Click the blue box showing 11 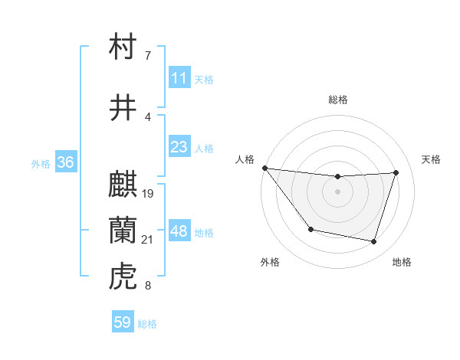pyautogui.click(x=179, y=78)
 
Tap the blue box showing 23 pyautogui.click(x=179, y=147)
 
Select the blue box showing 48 pyautogui.click(x=179, y=231)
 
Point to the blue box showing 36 pyautogui.click(x=65, y=162)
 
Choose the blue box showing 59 pyautogui.click(x=123, y=322)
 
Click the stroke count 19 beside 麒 pyautogui.click(x=148, y=194)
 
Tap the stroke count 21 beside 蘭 pyautogui.click(x=148, y=240)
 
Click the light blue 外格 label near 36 pyautogui.click(x=41, y=163)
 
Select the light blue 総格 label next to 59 pyautogui.click(x=147, y=324)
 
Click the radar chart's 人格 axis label pyautogui.click(x=245, y=159)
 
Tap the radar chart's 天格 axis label pyautogui.click(x=432, y=159)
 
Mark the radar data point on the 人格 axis pyautogui.click(x=264, y=168)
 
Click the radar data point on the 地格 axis pyautogui.click(x=373, y=242)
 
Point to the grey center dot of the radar pyautogui.click(x=337, y=191)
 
